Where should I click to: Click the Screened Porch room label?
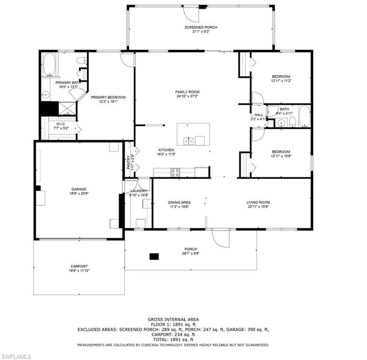(x=201, y=28)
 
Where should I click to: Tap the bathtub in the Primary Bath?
(x=49, y=65)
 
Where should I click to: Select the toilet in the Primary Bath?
(x=81, y=60)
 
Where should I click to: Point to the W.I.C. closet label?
(x=60, y=124)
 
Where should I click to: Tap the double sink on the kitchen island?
(x=189, y=140)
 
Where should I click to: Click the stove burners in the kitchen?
(x=175, y=172)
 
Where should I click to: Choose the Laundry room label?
(x=139, y=191)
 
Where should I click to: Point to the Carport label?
(x=79, y=266)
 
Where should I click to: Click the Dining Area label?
(x=180, y=202)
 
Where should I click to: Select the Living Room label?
(x=258, y=202)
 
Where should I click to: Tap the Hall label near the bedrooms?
(x=258, y=115)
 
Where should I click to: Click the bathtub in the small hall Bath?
(x=305, y=117)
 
